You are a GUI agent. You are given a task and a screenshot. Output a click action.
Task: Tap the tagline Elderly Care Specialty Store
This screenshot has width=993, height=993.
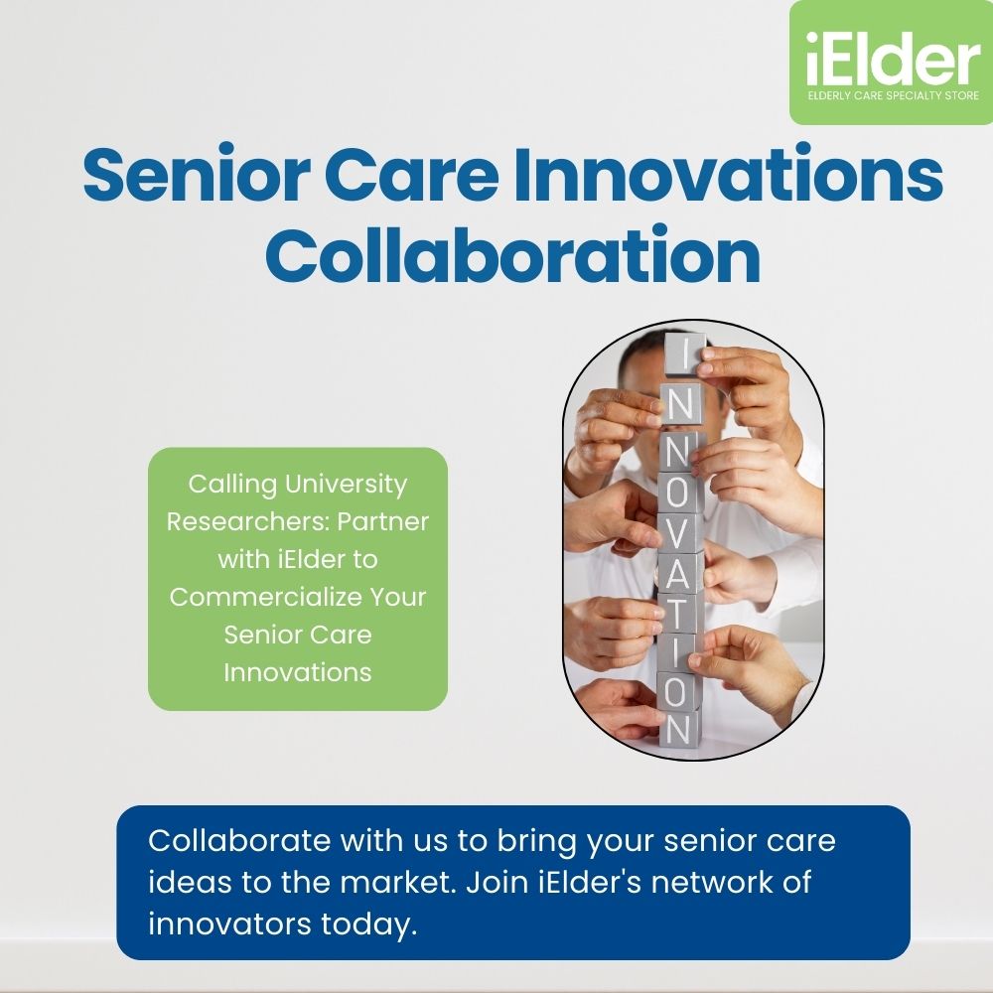tap(894, 96)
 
